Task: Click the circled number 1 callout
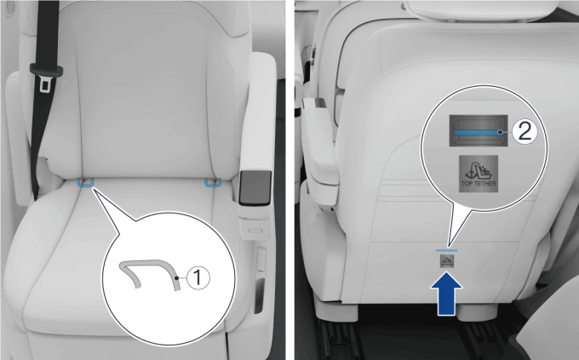coord(198,277)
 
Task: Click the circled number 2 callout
coord(525,131)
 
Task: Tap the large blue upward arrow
coord(446,294)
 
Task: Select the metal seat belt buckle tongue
coord(45,84)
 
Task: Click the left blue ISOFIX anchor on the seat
coord(85,183)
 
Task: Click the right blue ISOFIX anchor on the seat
coord(213,182)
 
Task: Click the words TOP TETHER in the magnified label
coord(479,184)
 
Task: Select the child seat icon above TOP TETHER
coord(479,169)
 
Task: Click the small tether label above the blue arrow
coord(446,261)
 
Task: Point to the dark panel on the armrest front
coord(255,187)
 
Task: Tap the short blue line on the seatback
coord(446,250)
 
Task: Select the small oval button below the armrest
coord(255,231)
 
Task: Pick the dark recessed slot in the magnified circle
coord(479,131)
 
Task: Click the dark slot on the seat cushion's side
coord(260,295)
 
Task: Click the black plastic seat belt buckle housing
coord(46,70)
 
